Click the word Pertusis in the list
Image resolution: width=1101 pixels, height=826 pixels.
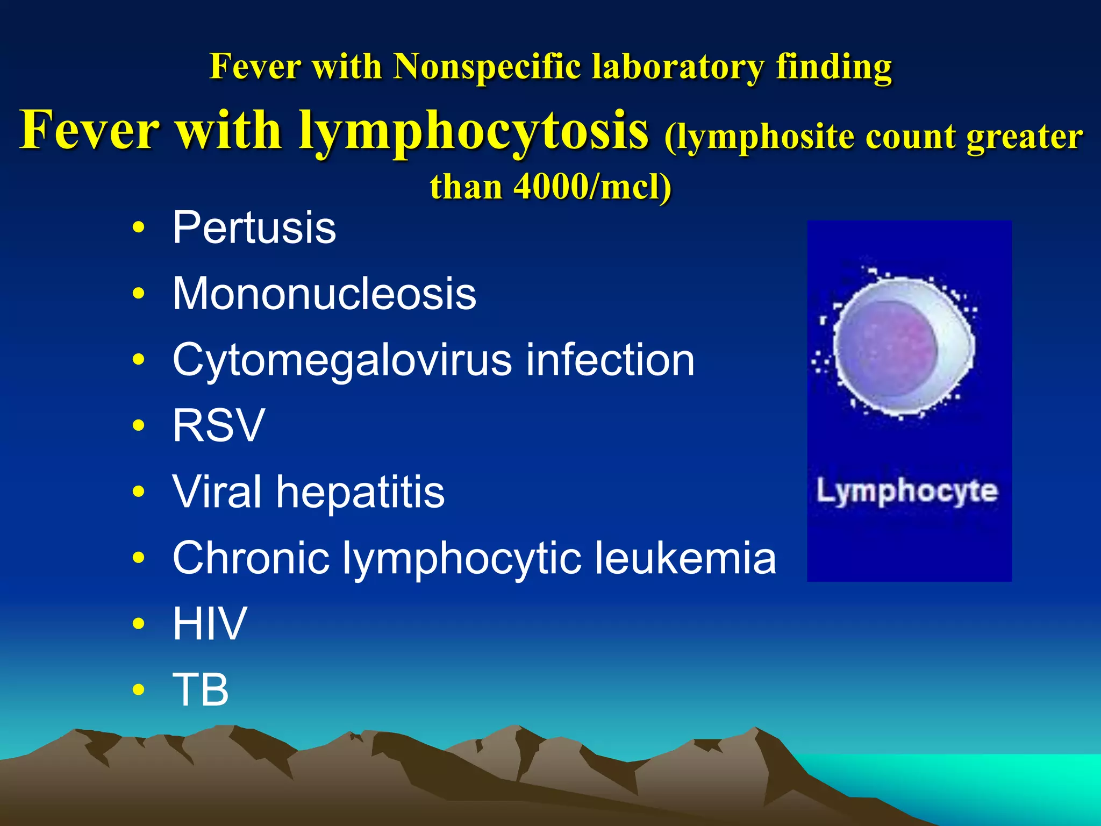(254, 228)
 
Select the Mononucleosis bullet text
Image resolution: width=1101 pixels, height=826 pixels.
(324, 294)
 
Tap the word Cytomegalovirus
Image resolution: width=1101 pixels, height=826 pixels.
(342, 361)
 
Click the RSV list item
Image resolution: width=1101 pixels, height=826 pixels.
(218, 425)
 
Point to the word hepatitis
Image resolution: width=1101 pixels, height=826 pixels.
(360, 492)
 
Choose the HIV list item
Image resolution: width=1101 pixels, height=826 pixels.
(210, 624)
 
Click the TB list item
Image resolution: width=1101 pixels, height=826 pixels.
(201, 690)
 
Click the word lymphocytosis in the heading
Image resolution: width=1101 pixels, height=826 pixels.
(473, 131)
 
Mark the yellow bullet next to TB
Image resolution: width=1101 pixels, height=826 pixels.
(139, 689)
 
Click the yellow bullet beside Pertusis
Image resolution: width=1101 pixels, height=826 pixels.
(139, 227)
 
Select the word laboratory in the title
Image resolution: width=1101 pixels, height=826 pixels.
(678, 67)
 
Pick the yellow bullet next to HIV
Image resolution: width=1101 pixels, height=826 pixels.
(139, 624)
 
